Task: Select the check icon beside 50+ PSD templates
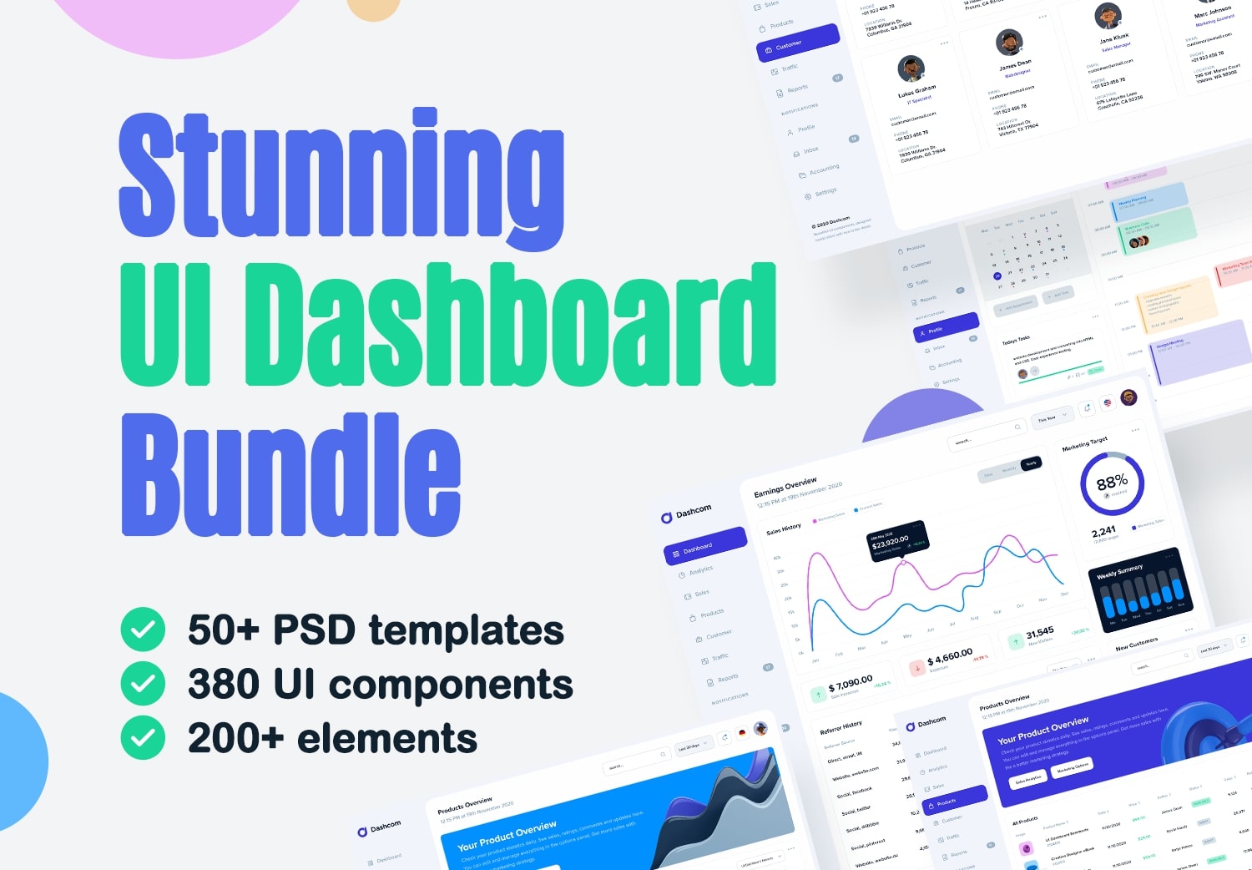point(143,630)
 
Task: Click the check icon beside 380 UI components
point(143,684)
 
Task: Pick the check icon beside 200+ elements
point(143,738)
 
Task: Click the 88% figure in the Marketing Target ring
point(1112,483)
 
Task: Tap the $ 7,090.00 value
point(851,684)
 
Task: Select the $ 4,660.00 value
point(950,657)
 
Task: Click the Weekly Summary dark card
point(1141,589)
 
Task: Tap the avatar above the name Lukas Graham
point(911,68)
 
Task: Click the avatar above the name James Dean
point(1009,43)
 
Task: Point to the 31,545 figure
point(1039,633)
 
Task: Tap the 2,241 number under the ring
point(1103,532)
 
